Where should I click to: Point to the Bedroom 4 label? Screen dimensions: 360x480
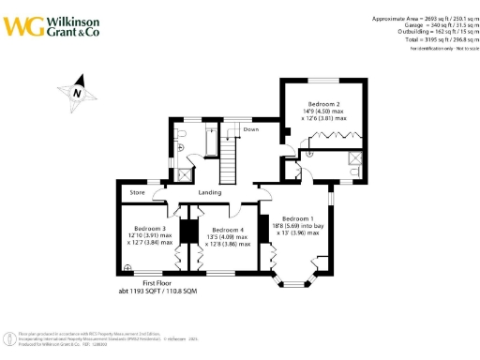pyautogui.click(x=228, y=230)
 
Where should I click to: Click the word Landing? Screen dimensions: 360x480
pyautogui.click(x=222, y=193)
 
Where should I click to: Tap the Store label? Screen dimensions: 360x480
pyautogui.click(x=138, y=195)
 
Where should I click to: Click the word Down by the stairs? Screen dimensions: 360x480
pyautogui.click(x=250, y=129)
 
